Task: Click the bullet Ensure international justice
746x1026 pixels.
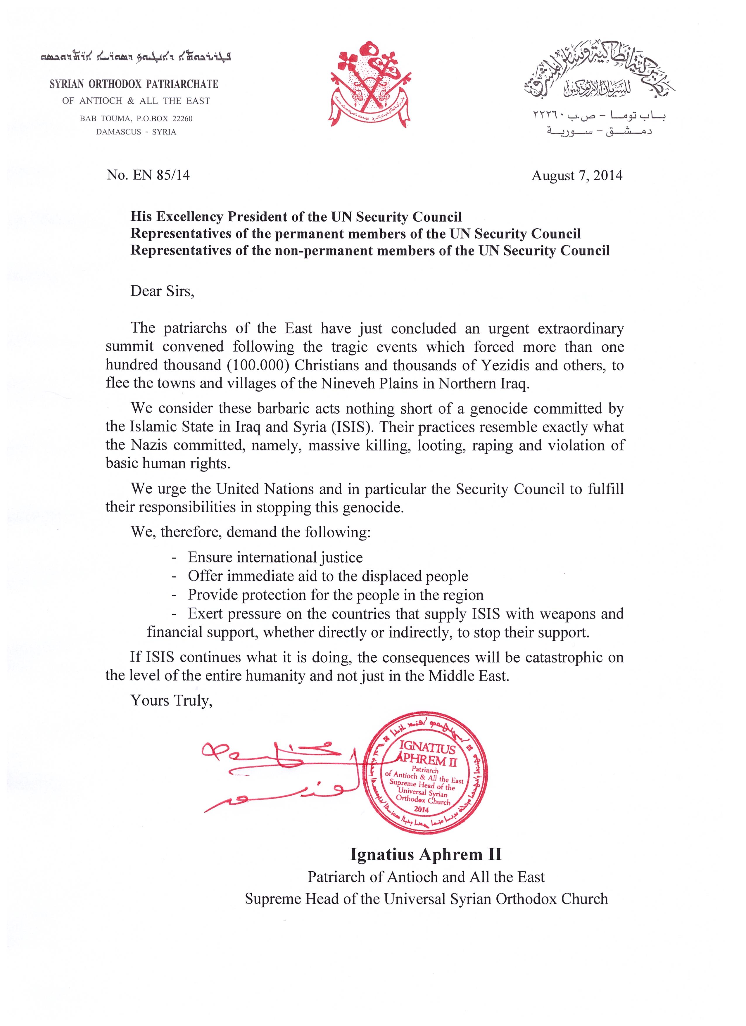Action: coord(275,557)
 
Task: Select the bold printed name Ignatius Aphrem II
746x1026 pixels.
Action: coord(426,854)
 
